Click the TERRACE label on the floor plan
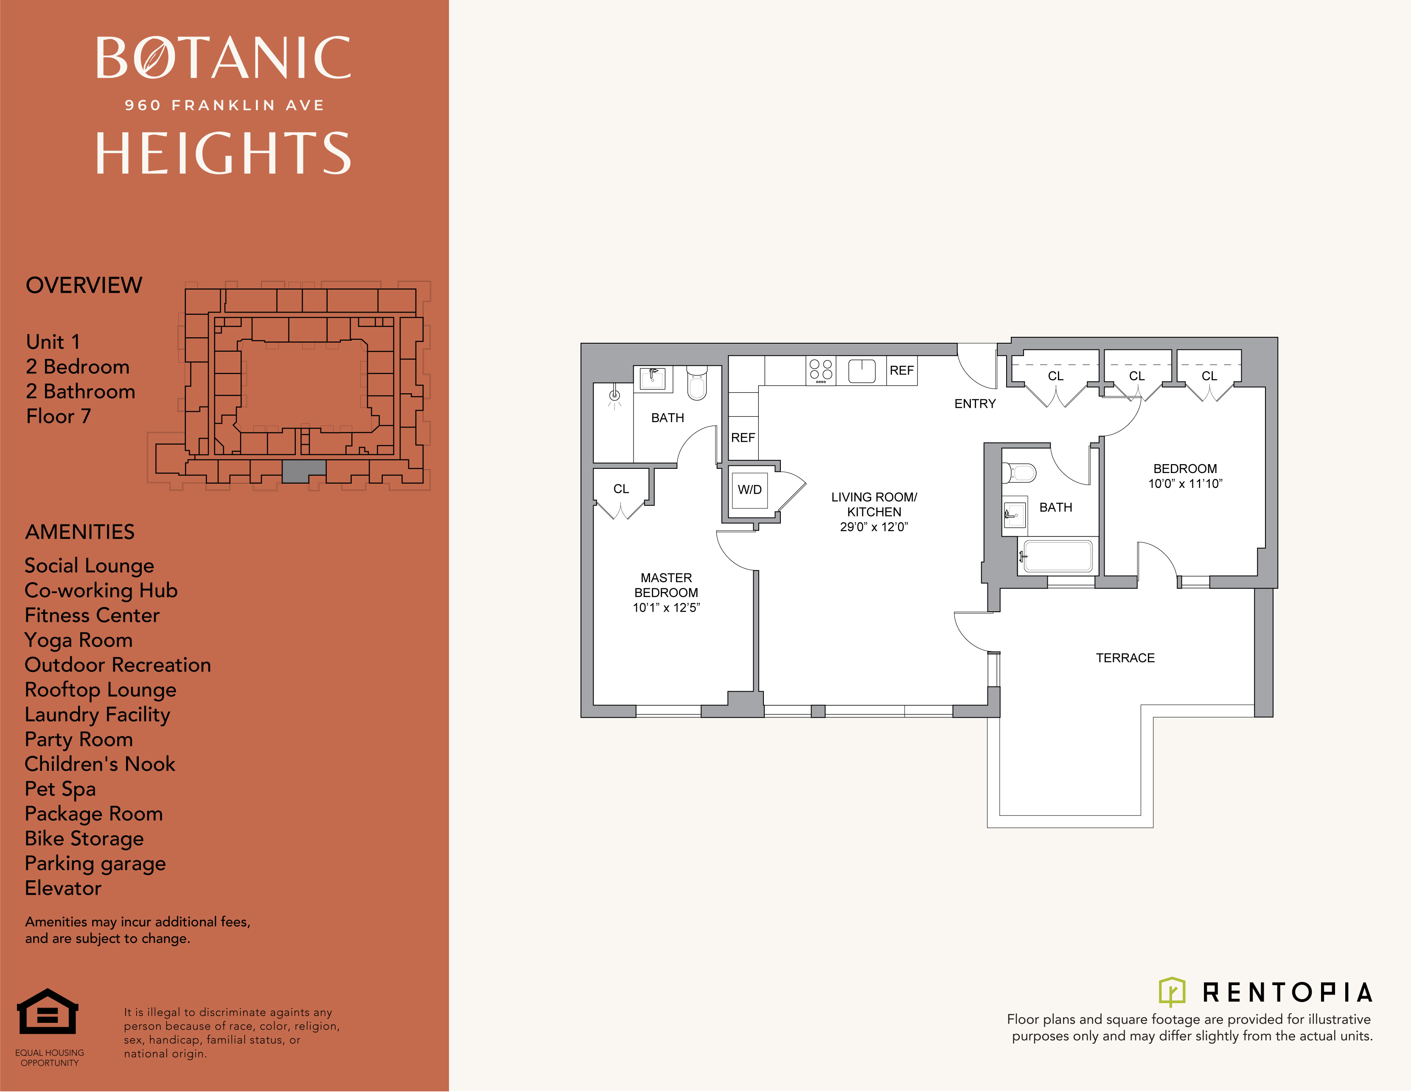[x=1125, y=658]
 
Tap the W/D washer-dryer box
[x=750, y=490]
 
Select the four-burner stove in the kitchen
[x=820, y=371]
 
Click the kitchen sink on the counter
[x=861, y=371]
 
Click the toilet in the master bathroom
[x=696, y=382]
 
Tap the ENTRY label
[x=975, y=403]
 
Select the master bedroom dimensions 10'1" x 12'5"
[x=666, y=608]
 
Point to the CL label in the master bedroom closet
[x=621, y=489]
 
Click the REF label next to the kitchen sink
[x=901, y=371]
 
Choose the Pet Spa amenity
[x=60, y=789]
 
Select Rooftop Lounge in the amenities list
[x=100, y=690]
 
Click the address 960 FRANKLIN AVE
[x=224, y=105]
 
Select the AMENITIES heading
[x=79, y=532]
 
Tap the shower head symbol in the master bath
[x=614, y=396]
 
